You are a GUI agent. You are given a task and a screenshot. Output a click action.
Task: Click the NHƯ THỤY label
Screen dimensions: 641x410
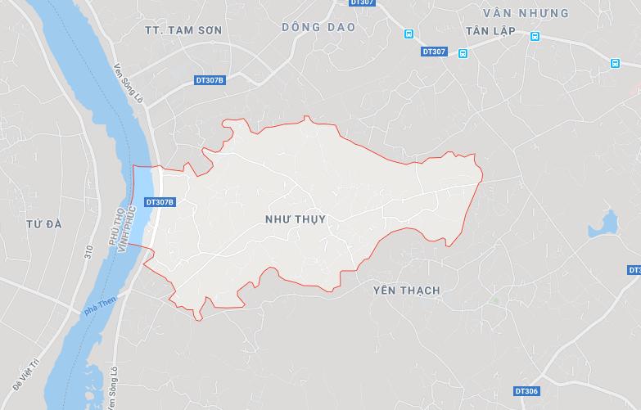click(296, 219)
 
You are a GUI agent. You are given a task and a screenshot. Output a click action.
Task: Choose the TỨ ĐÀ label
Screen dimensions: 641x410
click(44, 223)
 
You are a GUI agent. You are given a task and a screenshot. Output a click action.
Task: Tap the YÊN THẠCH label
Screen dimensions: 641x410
click(406, 291)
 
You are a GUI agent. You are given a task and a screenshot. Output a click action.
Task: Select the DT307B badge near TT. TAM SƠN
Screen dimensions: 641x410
click(210, 79)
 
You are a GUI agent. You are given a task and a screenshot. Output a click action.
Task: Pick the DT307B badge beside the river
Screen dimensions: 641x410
click(159, 201)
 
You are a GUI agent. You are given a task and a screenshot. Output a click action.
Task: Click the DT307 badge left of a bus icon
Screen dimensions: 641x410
click(435, 52)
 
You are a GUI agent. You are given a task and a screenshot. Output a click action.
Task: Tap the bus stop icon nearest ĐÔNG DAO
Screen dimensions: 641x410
click(409, 34)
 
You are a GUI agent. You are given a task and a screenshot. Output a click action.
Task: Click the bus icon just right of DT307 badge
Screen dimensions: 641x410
click(463, 53)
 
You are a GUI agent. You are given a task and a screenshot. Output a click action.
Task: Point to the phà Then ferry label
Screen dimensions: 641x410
click(96, 309)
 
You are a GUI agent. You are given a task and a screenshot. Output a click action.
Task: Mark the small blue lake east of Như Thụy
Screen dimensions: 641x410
click(607, 223)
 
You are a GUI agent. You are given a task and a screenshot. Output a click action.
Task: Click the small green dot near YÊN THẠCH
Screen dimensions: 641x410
click(494, 300)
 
